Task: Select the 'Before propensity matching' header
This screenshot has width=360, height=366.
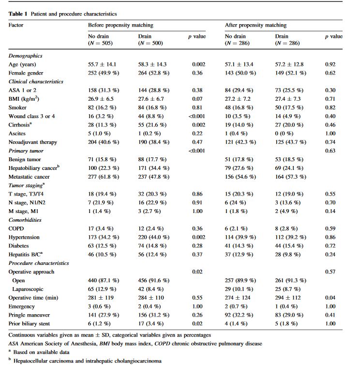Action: [x=120, y=25]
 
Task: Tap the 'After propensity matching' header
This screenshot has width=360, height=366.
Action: [x=255, y=25]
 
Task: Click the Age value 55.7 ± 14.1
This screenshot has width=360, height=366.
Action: [x=102, y=64]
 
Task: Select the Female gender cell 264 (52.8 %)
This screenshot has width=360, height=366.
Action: [x=154, y=73]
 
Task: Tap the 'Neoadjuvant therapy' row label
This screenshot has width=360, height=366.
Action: [x=32, y=142]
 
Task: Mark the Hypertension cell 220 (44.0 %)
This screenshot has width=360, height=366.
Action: [x=154, y=237]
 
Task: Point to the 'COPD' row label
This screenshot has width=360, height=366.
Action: [x=16, y=229]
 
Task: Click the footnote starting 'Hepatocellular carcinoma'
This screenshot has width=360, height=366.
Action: [x=87, y=361]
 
